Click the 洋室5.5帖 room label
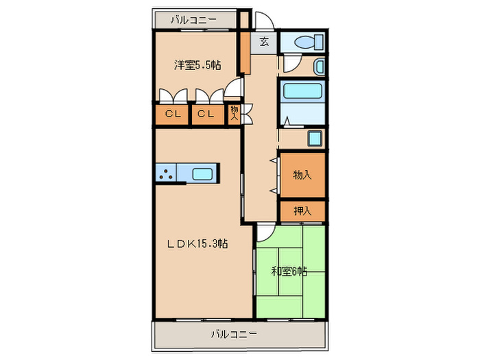tap(197, 65)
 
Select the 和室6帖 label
tap(289, 271)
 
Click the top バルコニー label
tap(193, 19)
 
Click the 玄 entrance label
tap(264, 42)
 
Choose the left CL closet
tap(172, 115)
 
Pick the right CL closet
tap(206, 115)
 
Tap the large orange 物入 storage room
tap(302, 175)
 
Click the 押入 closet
tap(302, 211)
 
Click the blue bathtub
tap(302, 93)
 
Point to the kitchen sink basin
tap(202, 173)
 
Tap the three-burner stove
tap(165, 173)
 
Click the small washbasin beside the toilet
tap(319, 67)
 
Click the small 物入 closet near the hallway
tap(235, 113)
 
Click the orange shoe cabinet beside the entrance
tap(244, 51)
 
